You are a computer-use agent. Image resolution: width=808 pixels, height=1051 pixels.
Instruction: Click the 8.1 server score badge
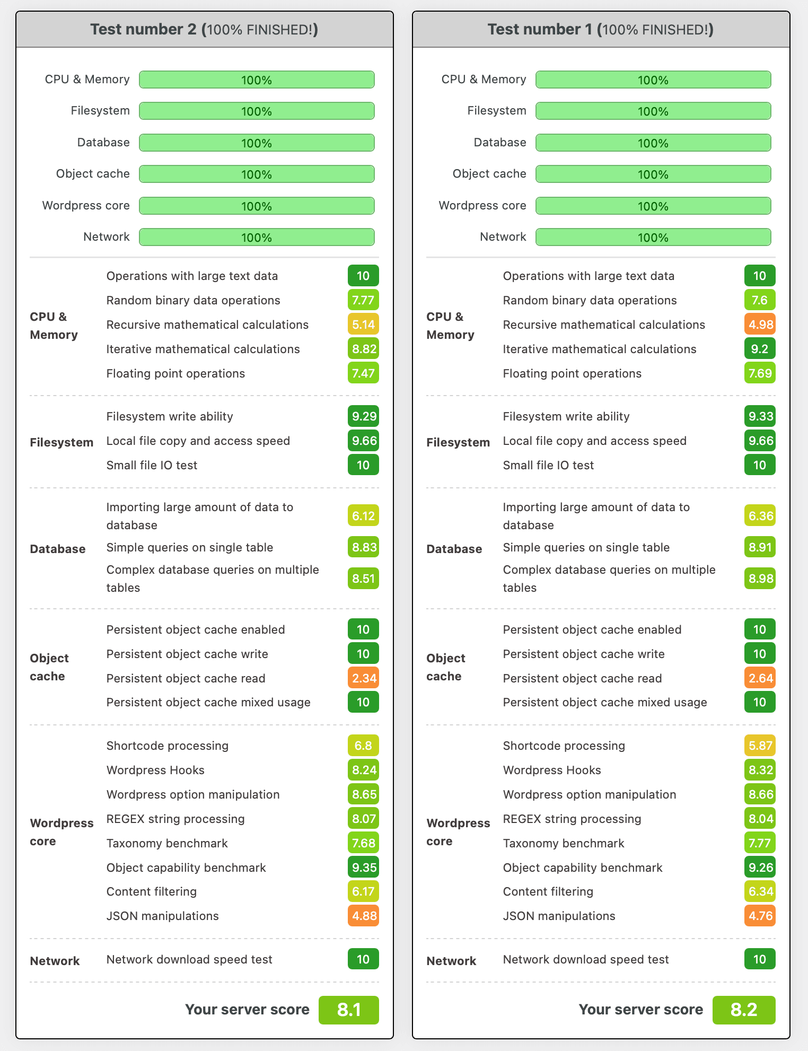tap(348, 1010)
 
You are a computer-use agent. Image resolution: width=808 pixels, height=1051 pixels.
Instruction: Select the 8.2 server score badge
tap(743, 1010)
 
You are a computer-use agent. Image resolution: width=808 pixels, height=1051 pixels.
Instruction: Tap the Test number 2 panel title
tap(204, 29)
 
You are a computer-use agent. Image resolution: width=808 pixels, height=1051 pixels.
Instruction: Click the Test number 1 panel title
tap(601, 29)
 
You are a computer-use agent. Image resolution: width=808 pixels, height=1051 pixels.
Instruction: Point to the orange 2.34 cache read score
tap(363, 678)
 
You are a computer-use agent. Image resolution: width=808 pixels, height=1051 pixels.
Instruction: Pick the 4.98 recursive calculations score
tap(760, 325)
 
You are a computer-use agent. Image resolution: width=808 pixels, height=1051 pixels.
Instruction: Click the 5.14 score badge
tap(363, 325)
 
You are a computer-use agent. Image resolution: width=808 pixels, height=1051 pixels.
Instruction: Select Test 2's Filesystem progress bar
tap(257, 111)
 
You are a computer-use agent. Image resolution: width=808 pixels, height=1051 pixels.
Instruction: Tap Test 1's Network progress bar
tap(653, 237)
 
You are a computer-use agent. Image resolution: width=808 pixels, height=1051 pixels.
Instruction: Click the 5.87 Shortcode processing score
tap(760, 746)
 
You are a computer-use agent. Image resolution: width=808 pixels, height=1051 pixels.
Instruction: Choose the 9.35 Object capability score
tap(363, 868)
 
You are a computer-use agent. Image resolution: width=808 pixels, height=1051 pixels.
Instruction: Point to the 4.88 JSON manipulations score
tap(363, 916)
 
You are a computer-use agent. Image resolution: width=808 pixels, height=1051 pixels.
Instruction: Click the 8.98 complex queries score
tap(760, 579)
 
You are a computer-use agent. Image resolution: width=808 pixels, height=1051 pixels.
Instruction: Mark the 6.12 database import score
tap(363, 515)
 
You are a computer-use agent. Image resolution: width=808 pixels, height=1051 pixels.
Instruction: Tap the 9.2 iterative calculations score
tap(760, 349)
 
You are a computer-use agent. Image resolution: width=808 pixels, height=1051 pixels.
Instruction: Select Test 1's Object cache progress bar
tap(653, 174)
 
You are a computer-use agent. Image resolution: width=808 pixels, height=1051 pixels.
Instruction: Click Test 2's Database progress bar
tap(257, 143)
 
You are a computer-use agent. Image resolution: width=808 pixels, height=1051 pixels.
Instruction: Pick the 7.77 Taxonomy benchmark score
tap(760, 843)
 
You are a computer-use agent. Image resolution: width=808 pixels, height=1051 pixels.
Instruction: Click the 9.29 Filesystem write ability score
tap(363, 416)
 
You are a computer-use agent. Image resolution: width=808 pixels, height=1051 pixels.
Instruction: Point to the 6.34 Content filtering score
tap(760, 891)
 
